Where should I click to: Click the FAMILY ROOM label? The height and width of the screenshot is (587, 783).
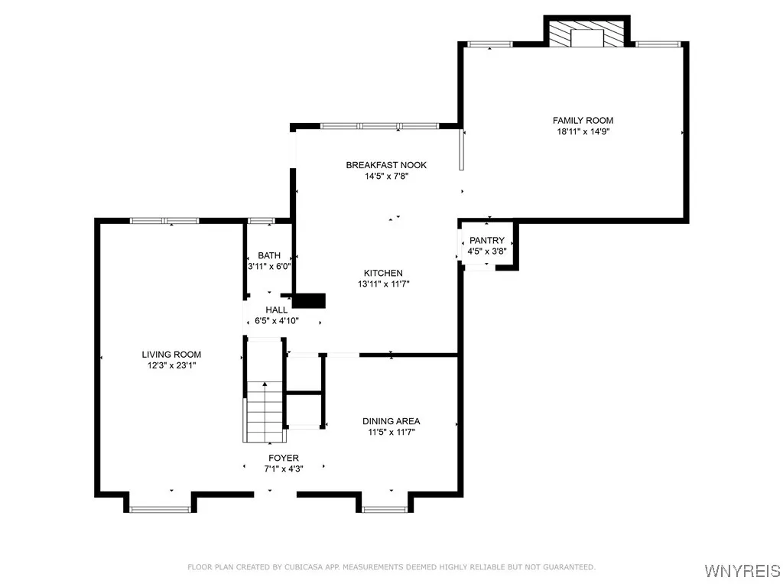coord(583,120)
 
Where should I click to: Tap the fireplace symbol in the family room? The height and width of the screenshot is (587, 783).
coord(586,35)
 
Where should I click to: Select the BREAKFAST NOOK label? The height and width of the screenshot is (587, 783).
coord(386,165)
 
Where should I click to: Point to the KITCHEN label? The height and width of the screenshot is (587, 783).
coord(383,273)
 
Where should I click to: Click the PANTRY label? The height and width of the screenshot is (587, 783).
coord(487,241)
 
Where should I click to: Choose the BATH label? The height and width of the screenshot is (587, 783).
coord(269,255)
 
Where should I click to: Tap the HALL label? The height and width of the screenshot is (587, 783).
coord(276,310)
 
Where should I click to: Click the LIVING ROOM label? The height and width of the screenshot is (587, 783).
coord(171,354)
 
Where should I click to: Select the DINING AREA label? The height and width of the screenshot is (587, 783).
coord(391,421)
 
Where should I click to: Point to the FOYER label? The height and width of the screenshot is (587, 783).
coord(283,458)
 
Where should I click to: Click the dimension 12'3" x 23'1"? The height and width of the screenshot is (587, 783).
coord(171,365)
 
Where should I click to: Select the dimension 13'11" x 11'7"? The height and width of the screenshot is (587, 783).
coord(383,284)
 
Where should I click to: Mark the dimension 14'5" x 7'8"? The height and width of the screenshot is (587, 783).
coord(386,177)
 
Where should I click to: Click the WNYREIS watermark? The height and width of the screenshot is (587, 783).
coord(742,571)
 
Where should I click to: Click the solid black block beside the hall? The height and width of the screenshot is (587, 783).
coord(309,300)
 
